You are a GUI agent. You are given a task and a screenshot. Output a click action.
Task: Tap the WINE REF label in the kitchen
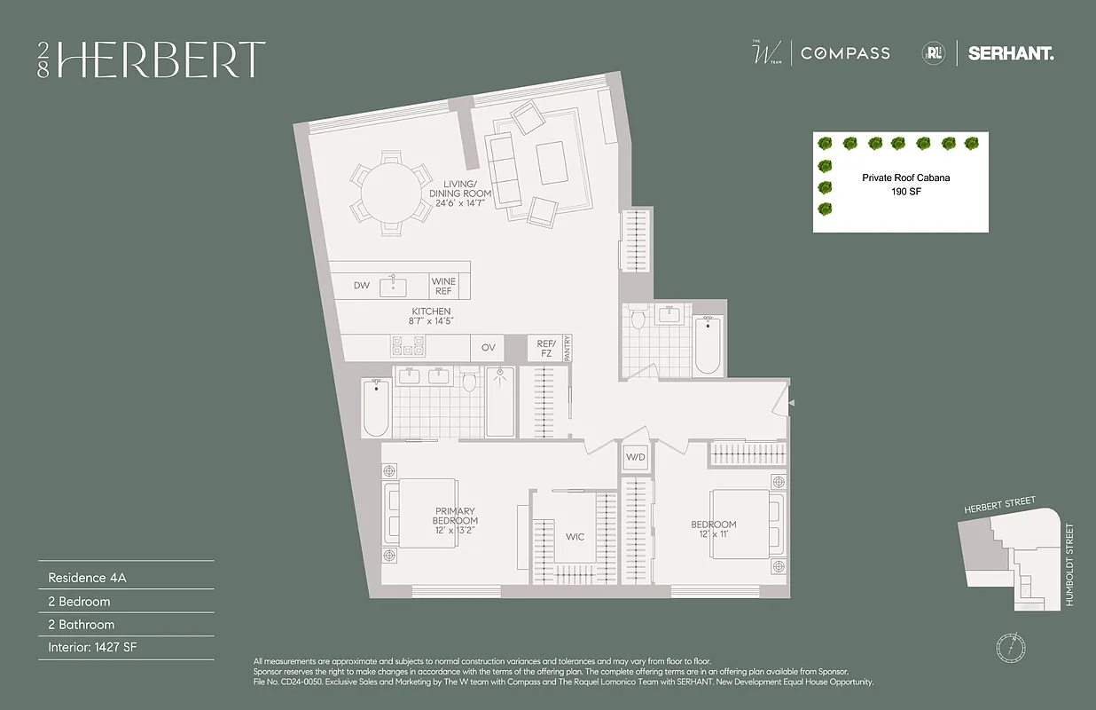point(443,287)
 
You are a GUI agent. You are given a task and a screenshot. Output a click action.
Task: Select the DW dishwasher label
point(361,286)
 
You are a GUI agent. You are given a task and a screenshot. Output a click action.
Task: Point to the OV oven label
point(489,347)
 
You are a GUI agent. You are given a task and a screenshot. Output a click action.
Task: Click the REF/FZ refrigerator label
point(544,347)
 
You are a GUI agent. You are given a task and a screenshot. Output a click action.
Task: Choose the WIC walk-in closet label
point(575,537)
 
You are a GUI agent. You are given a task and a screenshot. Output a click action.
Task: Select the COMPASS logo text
point(845,53)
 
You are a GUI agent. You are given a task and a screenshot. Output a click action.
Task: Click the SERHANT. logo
point(1011,53)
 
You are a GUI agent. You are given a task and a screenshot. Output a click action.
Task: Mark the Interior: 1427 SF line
point(92,647)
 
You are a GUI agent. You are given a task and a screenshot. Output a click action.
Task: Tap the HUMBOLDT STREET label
point(1069,564)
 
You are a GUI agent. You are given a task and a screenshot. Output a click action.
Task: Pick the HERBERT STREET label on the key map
point(999,506)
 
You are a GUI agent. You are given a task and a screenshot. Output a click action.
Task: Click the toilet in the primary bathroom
point(470,382)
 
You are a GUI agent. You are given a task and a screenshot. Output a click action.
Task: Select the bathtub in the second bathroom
point(708,346)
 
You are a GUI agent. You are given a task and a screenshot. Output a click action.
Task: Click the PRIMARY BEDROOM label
point(456,517)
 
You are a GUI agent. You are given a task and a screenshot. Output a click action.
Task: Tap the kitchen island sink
point(394,286)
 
